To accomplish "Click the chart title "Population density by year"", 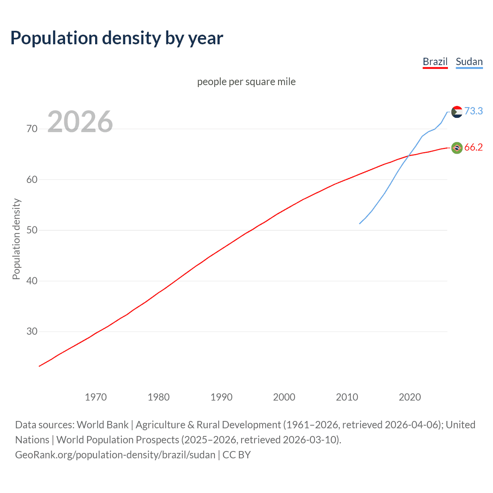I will [x=117, y=38].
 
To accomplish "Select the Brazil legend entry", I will [x=435, y=62].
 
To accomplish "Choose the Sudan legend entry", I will [x=469, y=62].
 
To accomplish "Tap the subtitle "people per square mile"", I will [x=246, y=82].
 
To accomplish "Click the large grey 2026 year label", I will [x=80, y=122].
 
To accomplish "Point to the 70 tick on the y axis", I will [x=32, y=129].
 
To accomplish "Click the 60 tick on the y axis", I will [x=32, y=179].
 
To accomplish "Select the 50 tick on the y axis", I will [x=32, y=230].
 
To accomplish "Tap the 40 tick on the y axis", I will [x=32, y=281].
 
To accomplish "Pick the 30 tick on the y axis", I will [x=32, y=332].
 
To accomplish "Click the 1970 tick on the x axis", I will [x=96, y=397].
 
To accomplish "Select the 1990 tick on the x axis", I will [x=221, y=397].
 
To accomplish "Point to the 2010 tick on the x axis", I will [x=347, y=397].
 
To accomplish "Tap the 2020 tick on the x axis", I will [x=409, y=397].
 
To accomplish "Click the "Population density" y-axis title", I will [x=16, y=239].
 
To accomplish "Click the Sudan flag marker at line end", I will [x=457, y=112].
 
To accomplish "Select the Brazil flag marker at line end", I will [x=457, y=148].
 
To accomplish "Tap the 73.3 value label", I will [x=473, y=111].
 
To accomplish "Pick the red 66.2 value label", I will [x=473, y=147].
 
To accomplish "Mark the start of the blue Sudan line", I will [x=360, y=223].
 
